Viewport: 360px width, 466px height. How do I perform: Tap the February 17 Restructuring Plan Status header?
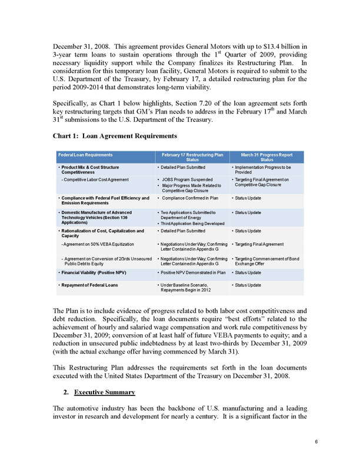pos(192,157)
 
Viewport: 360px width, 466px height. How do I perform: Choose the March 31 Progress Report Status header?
pos(266,157)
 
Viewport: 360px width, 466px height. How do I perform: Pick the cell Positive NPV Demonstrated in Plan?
pos(194,272)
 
